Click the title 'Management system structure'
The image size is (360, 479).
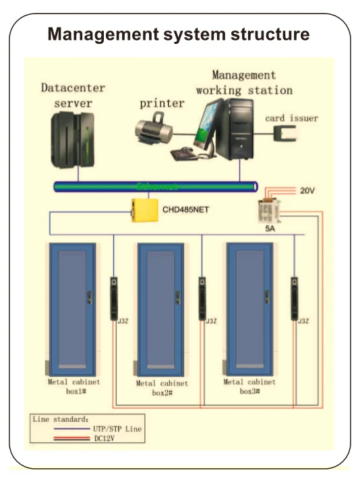pos(179,34)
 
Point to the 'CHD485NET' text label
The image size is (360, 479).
pos(185,210)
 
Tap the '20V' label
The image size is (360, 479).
pos(307,192)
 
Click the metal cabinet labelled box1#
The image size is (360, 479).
pos(70,307)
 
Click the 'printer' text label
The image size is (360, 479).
pos(162,103)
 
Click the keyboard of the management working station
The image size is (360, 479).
pos(184,154)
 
